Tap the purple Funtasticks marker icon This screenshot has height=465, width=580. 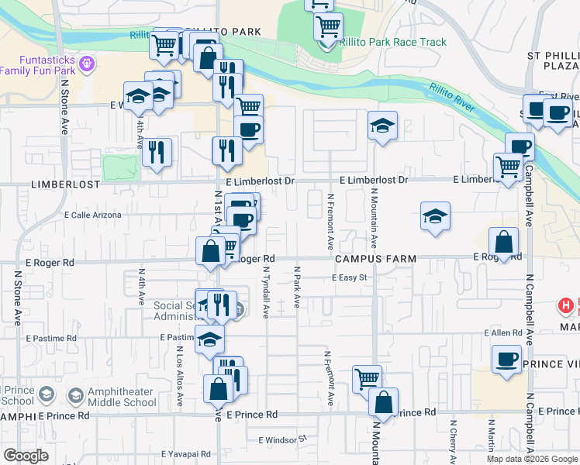click(87, 61)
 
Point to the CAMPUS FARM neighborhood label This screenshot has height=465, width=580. click(376, 258)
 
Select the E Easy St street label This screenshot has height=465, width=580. click(349, 277)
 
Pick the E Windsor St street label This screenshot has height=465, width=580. click(283, 439)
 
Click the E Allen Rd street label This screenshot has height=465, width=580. click(502, 332)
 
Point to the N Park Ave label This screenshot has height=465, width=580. click(296, 287)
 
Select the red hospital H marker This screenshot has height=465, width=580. click(567, 306)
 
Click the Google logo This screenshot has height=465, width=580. click(26, 455)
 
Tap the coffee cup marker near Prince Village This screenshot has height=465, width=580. click(506, 359)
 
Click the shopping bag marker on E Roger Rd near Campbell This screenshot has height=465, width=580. click(503, 241)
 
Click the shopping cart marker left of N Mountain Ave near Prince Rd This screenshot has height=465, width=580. click(367, 379)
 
